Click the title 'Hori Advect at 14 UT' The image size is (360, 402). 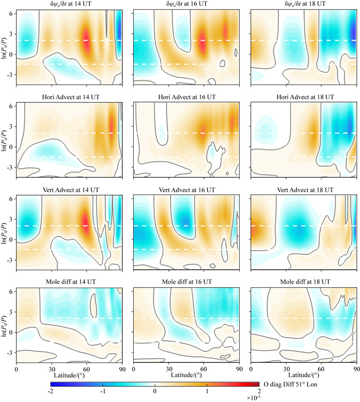(69, 98)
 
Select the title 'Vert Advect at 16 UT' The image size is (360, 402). (186, 190)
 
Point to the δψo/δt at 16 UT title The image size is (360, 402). (186, 5)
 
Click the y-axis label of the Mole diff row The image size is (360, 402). (5, 324)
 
